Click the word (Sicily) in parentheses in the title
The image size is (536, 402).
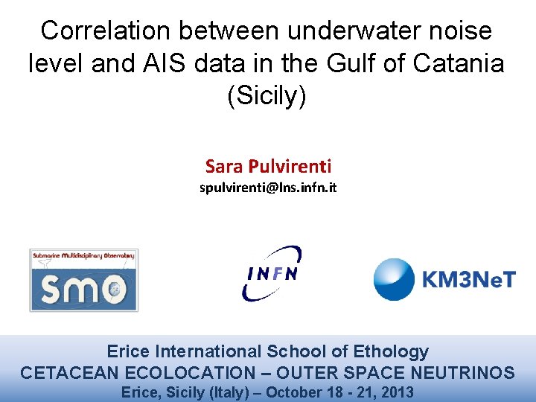266,97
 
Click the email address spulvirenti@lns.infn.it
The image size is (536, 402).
268,188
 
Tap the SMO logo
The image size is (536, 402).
83,279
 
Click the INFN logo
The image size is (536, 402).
272,273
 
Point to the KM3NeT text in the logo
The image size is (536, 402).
468,281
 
